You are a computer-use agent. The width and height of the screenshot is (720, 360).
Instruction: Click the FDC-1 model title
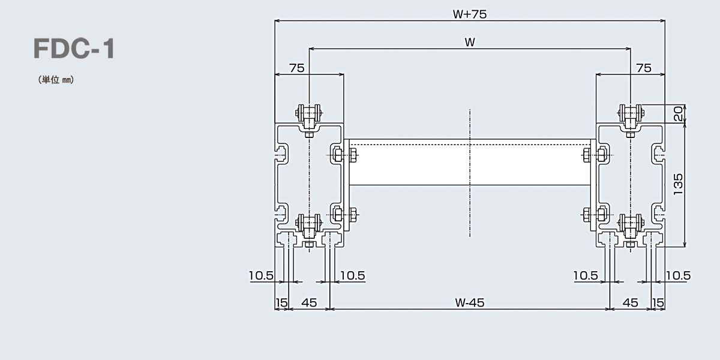click(74, 49)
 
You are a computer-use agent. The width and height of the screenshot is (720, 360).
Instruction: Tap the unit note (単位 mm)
click(55, 80)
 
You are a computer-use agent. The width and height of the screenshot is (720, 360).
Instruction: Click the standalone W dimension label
click(469, 42)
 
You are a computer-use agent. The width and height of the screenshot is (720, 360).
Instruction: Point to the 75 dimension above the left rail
click(296, 68)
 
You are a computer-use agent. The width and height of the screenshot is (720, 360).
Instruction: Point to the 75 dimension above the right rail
click(643, 68)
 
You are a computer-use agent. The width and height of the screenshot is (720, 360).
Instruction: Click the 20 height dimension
click(678, 114)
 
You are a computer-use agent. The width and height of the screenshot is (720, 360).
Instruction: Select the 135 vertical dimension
click(679, 185)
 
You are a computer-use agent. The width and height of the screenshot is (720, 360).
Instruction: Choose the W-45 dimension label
click(469, 303)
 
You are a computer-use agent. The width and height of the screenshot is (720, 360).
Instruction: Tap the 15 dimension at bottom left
click(281, 303)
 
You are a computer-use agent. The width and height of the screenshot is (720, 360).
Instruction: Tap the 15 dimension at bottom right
click(658, 303)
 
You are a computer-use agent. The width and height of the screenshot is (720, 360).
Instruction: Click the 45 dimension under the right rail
click(630, 303)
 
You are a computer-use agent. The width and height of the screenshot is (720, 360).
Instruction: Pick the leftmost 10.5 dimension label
click(262, 275)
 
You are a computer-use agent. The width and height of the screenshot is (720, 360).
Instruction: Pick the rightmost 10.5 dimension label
click(678, 275)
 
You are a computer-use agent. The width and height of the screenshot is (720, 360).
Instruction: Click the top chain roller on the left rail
click(309, 112)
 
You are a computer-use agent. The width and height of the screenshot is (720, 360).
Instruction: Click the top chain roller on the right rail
click(630, 112)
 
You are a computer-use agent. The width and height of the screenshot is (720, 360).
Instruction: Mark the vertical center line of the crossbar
click(470, 174)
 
